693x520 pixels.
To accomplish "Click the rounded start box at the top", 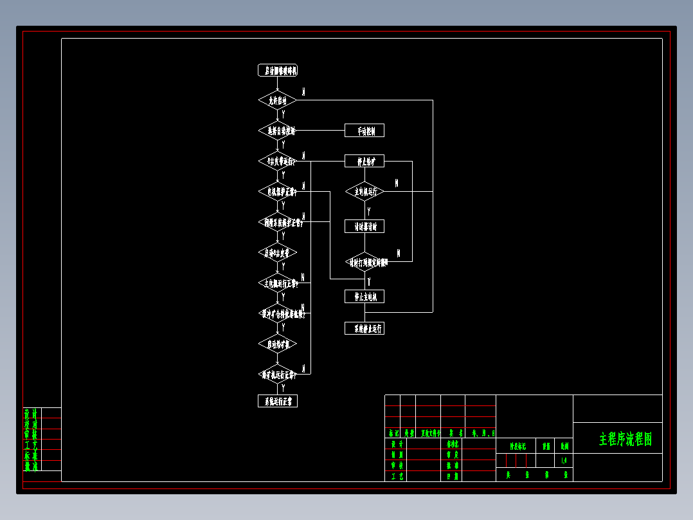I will tap(277, 71).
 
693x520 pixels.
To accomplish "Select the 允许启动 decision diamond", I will tap(277, 100).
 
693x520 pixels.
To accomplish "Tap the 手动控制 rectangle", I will tap(364, 131).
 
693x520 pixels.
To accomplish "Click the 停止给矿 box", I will tap(364, 161).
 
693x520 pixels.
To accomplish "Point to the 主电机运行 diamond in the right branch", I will tap(364, 191).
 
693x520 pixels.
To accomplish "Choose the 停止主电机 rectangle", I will tap(364, 296).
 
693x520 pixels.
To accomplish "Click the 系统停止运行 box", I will tap(364, 328).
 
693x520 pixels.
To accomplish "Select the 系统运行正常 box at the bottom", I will tap(277, 401).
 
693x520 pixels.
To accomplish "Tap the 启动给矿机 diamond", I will tap(277, 344).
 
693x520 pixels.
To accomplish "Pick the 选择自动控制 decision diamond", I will tap(277, 131).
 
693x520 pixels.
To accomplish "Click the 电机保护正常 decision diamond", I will tap(277, 192).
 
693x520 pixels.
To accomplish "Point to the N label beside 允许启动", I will tap(303, 92).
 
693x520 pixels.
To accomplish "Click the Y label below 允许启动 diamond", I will tap(283, 114).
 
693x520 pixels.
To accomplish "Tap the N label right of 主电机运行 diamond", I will tap(397, 183).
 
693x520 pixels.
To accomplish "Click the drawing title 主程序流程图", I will tap(625, 439).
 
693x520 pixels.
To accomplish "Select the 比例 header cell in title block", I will tap(564, 445).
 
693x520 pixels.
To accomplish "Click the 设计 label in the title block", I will tap(397, 444).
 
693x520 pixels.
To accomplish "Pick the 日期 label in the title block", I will tap(453, 476).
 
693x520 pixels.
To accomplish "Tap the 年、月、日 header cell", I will tap(483, 433).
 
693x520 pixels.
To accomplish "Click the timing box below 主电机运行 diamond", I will tap(364, 226).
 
